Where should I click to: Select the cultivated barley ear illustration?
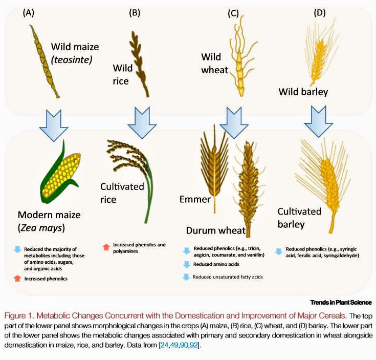click(x=325, y=177)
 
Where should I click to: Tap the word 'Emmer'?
click(x=194, y=199)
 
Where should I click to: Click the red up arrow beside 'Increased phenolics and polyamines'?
click(x=106, y=247)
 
